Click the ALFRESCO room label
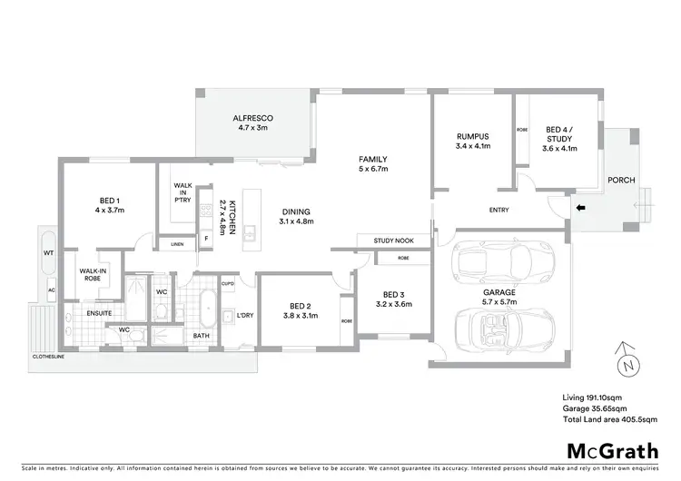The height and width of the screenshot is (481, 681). (253, 118)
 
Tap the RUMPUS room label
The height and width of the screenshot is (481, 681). (472, 137)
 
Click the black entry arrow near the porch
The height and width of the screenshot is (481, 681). (581, 210)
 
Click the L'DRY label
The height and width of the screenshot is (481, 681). (244, 315)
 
